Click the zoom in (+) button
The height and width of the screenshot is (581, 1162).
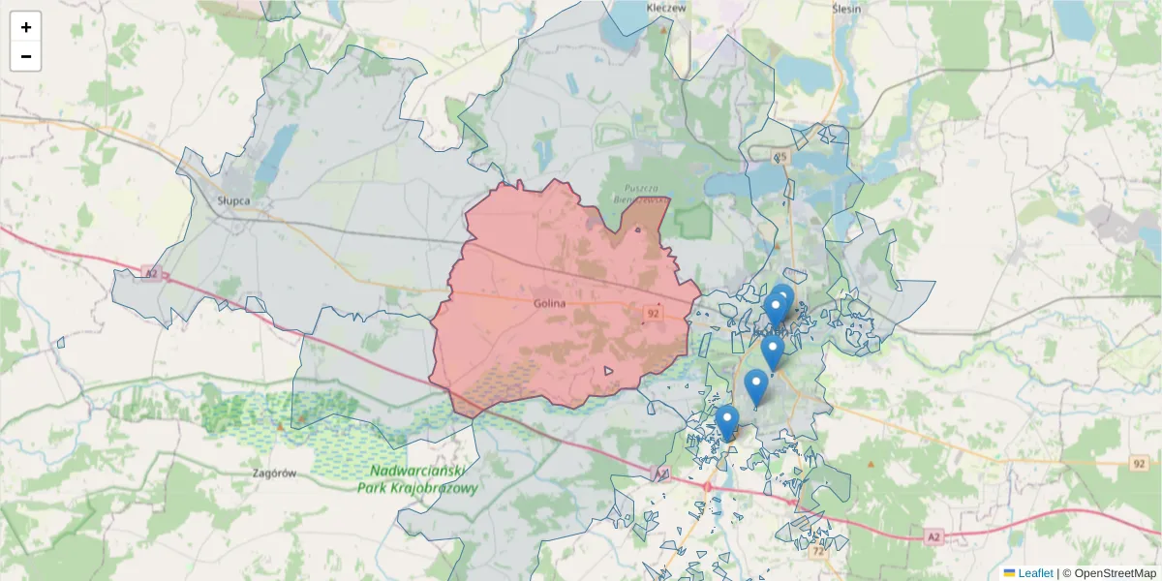(26, 27)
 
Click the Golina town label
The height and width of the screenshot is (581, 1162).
(549, 303)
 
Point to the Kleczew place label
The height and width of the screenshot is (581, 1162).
(666, 7)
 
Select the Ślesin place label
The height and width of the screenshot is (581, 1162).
(846, 7)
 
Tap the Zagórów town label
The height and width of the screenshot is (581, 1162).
(273, 474)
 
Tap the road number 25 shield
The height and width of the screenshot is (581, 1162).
(780, 157)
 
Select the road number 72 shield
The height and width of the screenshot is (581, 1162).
(819, 551)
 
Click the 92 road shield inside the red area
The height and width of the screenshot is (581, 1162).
(654, 313)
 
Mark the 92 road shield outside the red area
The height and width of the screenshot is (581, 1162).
(1138, 464)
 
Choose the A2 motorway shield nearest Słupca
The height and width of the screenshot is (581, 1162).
(148, 273)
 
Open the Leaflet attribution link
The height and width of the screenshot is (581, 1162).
(1035, 573)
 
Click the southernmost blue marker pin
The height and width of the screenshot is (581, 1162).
(727, 422)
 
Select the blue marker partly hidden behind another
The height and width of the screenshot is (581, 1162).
(783, 297)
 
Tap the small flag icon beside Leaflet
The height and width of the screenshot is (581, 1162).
(1010, 573)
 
